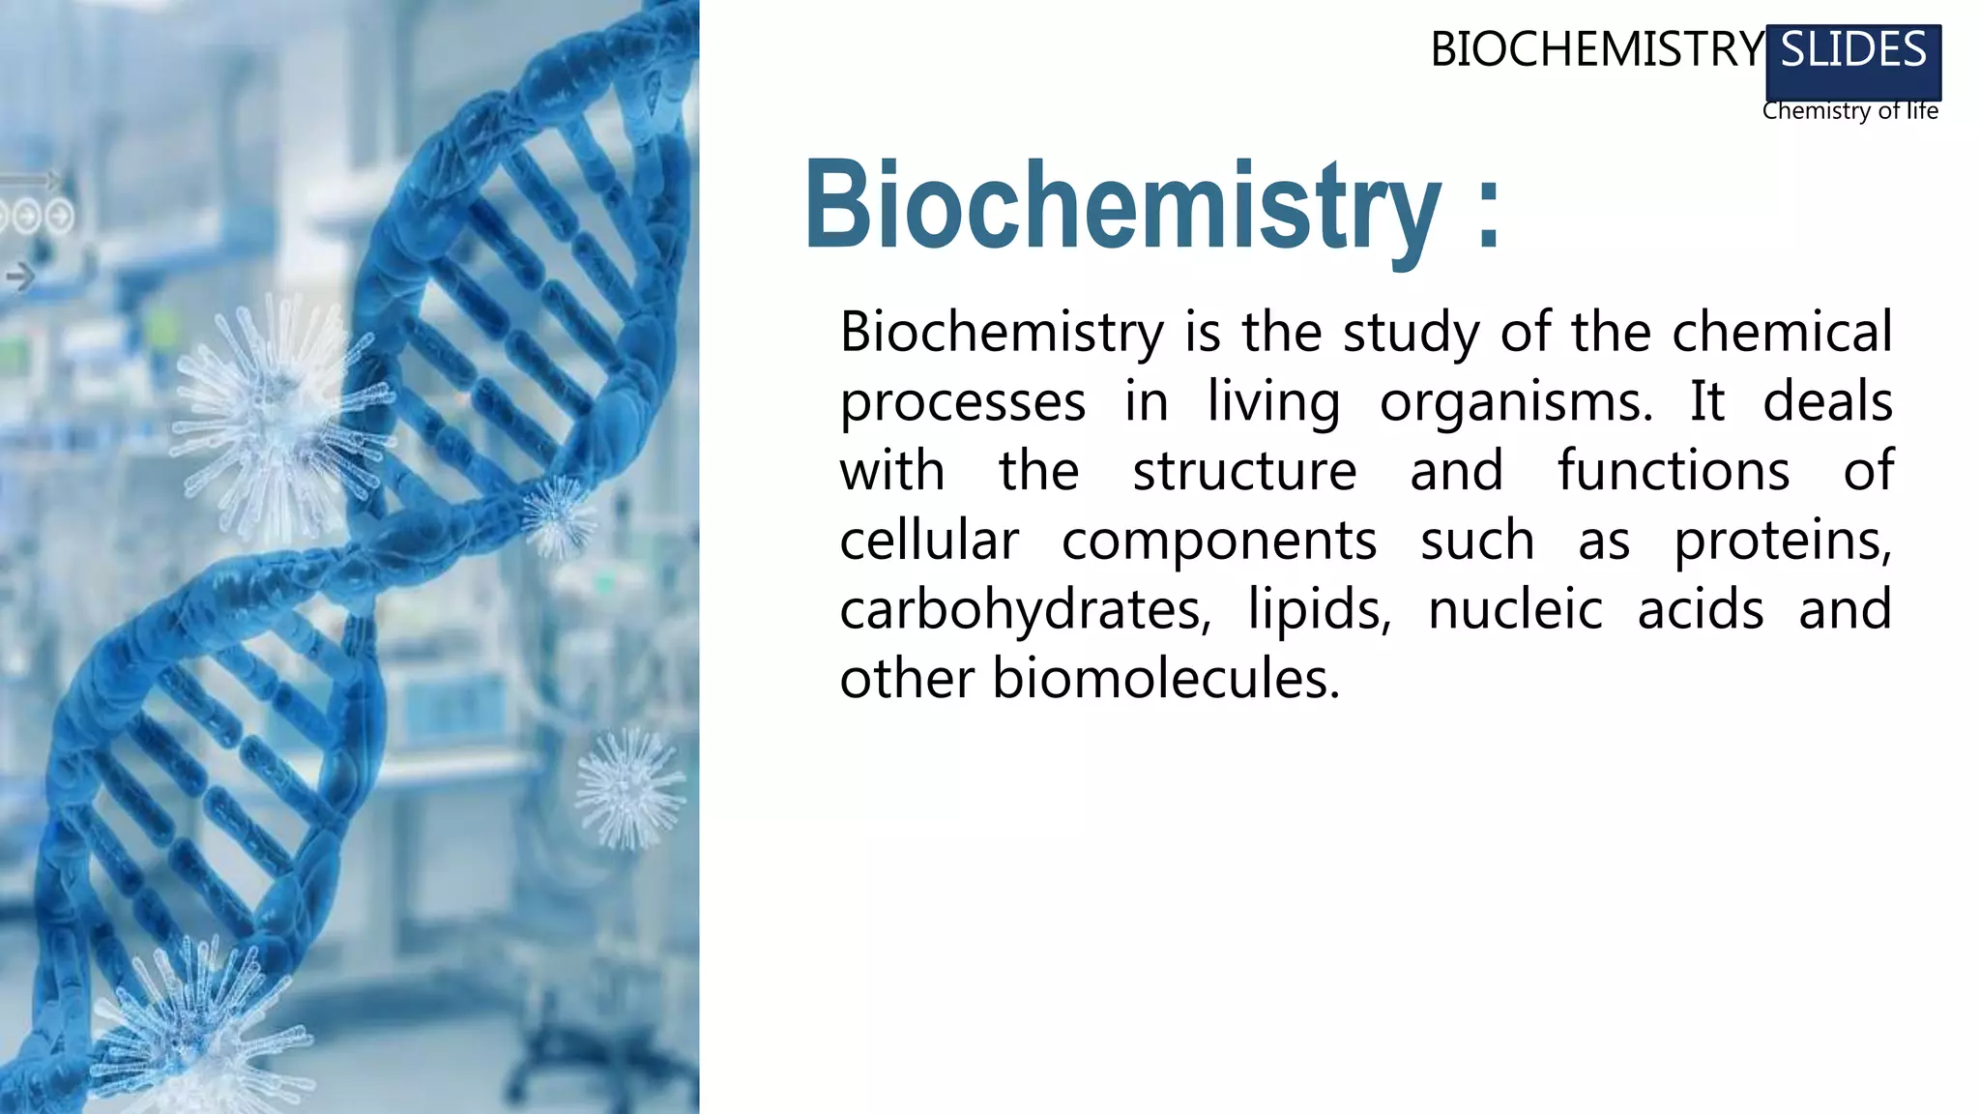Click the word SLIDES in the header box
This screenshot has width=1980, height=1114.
(x=1853, y=50)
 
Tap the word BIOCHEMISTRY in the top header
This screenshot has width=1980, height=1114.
(x=1597, y=50)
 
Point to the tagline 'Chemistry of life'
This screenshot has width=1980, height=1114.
(x=1849, y=111)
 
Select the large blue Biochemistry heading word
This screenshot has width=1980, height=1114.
(x=1121, y=205)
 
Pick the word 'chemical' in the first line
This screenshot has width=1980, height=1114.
(x=1782, y=333)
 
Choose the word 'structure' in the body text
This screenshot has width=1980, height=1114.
(x=1244, y=472)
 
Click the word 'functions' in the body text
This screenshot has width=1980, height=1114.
(x=1673, y=472)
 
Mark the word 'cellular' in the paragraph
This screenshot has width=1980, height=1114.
(x=928, y=541)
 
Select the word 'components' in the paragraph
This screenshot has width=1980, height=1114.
(x=1218, y=542)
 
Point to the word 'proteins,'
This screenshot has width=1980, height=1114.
(x=1783, y=542)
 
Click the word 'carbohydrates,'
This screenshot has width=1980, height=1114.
(x=1025, y=611)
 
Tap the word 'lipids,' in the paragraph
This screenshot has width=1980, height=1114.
(x=1320, y=611)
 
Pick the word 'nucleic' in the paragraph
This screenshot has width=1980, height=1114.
(x=1515, y=610)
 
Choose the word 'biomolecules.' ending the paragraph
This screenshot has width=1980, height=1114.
(x=1166, y=680)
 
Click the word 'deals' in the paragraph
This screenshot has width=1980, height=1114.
(x=1826, y=402)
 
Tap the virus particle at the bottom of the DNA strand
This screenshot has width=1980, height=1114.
(x=193, y=1025)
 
